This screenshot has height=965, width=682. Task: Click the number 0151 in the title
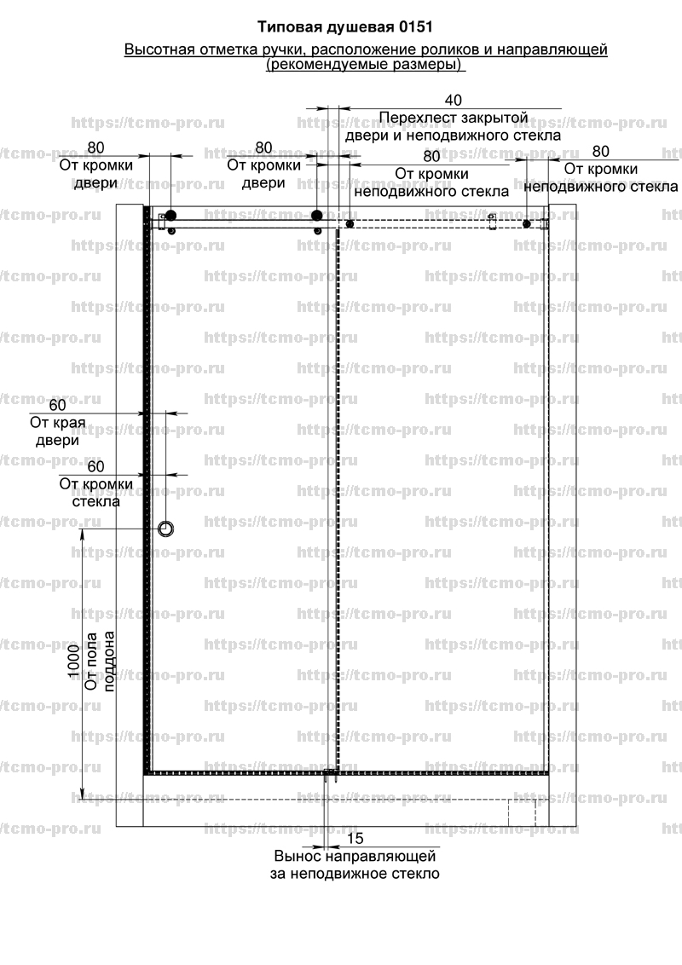(415, 27)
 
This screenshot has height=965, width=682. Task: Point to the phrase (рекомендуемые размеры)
(366, 65)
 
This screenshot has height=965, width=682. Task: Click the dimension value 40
(453, 101)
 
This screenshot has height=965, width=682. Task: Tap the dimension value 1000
(74, 661)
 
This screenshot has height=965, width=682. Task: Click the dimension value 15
(355, 838)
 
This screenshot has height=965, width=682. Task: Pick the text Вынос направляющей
(355, 856)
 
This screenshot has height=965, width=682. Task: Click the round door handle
(165, 529)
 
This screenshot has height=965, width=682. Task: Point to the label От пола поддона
(100, 661)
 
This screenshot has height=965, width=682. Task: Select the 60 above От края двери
(57, 405)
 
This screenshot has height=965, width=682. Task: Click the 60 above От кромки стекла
(96, 466)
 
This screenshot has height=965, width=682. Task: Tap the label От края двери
(57, 431)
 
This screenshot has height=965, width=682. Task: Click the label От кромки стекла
(96, 493)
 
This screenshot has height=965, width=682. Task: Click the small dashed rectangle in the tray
(522, 812)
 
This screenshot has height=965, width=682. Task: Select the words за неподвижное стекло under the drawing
(355, 873)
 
